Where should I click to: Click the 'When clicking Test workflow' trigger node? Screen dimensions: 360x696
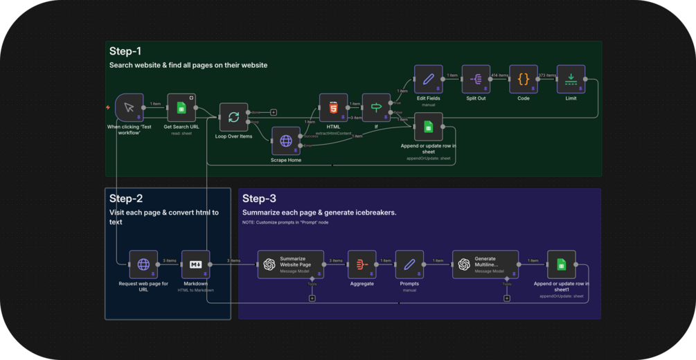click(x=129, y=107)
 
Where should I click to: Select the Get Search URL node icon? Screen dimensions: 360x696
click(x=181, y=107)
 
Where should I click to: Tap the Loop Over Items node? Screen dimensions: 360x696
click(x=233, y=117)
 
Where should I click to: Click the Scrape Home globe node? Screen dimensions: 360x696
click(x=285, y=141)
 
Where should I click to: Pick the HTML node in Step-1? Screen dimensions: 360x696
click(x=333, y=107)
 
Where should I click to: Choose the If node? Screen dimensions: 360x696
click(x=376, y=107)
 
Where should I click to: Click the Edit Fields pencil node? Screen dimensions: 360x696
click(x=428, y=79)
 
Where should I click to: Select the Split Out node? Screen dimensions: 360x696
click(x=476, y=79)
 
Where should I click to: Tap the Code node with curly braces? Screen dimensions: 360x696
click(x=523, y=79)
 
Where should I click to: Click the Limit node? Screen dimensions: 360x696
click(x=571, y=79)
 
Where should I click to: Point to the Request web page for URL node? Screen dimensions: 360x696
click(x=143, y=264)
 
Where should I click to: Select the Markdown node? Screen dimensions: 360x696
click(x=195, y=264)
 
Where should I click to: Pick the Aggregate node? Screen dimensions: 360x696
click(x=362, y=264)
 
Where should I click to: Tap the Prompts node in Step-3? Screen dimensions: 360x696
click(x=409, y=264)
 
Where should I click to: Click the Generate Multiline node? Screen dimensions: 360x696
click(x=485, y=264)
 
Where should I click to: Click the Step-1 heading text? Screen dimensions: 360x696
click(x=125, y=51)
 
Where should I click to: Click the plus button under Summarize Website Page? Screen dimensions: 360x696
click(x=312, y=298)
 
